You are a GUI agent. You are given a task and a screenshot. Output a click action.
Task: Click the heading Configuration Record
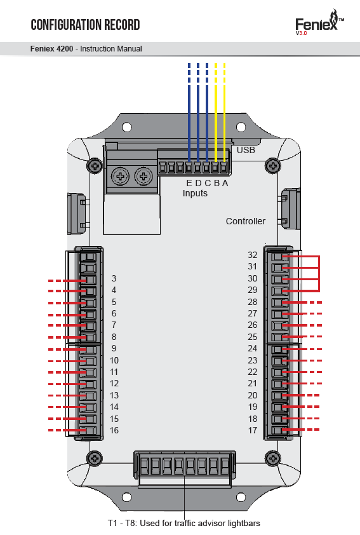pos(85,25)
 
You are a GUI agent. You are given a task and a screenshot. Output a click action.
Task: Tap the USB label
pos(246,150)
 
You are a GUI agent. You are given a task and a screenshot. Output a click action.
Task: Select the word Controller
pos(246,221)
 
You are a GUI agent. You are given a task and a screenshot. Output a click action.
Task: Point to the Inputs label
pos(195,193)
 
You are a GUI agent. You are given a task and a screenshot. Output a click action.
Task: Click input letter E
pos(189,183)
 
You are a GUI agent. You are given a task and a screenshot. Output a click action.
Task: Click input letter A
pos(225,183)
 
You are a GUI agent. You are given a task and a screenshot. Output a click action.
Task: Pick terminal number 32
pos(252,255)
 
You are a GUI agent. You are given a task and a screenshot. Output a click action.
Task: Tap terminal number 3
pos(114,278)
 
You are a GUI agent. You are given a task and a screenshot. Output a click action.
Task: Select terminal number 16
pos(114,430)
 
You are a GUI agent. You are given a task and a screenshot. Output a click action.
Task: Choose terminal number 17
pos(252,430)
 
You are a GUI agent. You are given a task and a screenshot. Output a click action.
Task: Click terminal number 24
pos(252,348)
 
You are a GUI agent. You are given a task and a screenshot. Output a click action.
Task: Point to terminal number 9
pos(114,348)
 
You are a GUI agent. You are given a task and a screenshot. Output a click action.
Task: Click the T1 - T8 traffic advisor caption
pos(184,523)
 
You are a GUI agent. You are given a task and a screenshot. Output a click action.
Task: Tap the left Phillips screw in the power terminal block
pos(121,177)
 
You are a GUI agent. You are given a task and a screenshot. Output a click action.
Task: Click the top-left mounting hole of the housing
pos(127,127)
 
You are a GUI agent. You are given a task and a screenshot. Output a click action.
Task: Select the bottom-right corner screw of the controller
pos(273,458)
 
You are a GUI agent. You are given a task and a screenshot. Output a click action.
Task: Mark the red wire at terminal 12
pos(67,384)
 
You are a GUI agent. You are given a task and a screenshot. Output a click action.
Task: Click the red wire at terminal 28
pos(302,302)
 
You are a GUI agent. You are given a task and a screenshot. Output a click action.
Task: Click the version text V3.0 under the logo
pos(302,33)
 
